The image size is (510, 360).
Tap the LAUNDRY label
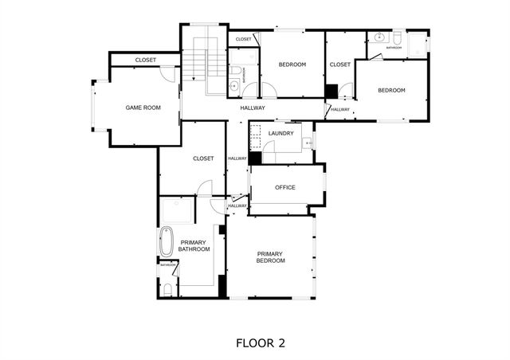click(x=281, y=133)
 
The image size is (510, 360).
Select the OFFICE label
click(x=285, y=187)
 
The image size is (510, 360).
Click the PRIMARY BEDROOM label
click(x=270, y=257)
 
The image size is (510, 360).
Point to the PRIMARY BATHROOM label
click(x=194, y=245)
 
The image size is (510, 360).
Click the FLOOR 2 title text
click(x=261, y=343)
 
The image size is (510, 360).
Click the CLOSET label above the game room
click(x=146, y=60)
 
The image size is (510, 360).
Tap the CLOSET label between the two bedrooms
click(x=340, y=65)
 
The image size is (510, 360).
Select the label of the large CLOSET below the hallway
click(x=203, y=158)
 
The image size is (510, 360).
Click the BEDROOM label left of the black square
click(x=292, y=65)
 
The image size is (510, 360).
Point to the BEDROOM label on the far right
click(x=391, y=90)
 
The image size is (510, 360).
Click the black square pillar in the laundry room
click(x=255, y=158)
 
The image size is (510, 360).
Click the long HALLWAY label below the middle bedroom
click(x=253, y=108)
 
